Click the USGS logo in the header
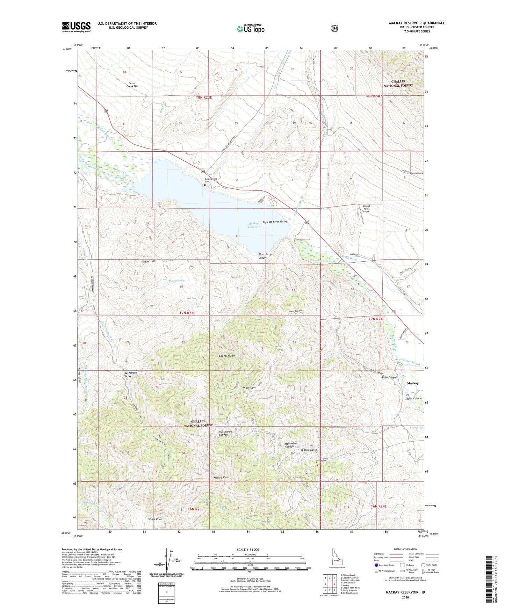pos(76,27)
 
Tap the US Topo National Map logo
pos(250,29)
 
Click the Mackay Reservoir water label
pos(254,225)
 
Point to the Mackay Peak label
pos(221,477)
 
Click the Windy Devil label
pos(249,388)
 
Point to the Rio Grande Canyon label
pos(225,433)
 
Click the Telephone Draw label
pos(131,374)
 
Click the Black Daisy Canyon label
pos(265,256)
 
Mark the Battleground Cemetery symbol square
pos(205,186)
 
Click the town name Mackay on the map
pos(413,383)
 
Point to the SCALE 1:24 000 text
pos(248,550)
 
